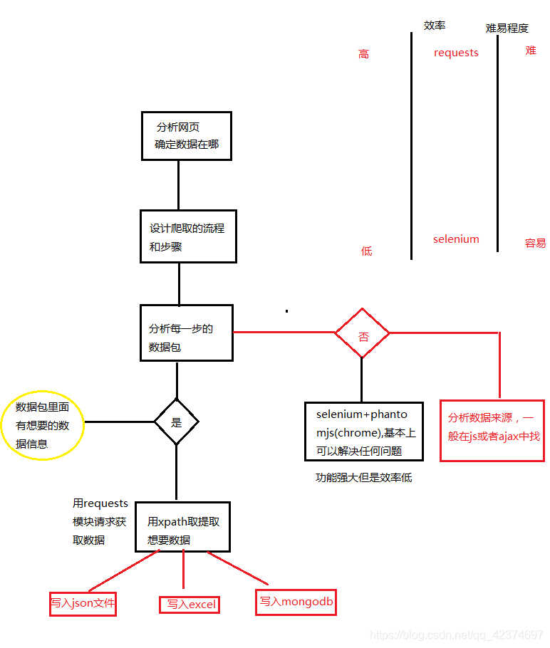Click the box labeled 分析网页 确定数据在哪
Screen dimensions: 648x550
186,135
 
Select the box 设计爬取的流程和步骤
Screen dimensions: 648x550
187,236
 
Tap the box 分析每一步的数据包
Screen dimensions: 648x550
187,332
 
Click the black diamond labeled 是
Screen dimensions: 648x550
176,422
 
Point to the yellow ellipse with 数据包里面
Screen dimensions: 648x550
43,426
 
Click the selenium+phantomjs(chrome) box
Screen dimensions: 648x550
363,432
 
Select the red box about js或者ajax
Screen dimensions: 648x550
493,430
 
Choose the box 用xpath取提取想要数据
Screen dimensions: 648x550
183,526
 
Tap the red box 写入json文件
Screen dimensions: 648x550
83,603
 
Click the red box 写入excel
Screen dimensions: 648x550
190,605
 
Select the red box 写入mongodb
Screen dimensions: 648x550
296,601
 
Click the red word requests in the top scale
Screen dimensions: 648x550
456,53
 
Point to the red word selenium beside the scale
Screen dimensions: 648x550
456,239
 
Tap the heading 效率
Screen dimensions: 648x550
435,25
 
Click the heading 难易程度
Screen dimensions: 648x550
507,28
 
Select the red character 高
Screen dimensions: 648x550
364,54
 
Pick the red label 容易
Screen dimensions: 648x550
535,243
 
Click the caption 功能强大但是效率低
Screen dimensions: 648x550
363,478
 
